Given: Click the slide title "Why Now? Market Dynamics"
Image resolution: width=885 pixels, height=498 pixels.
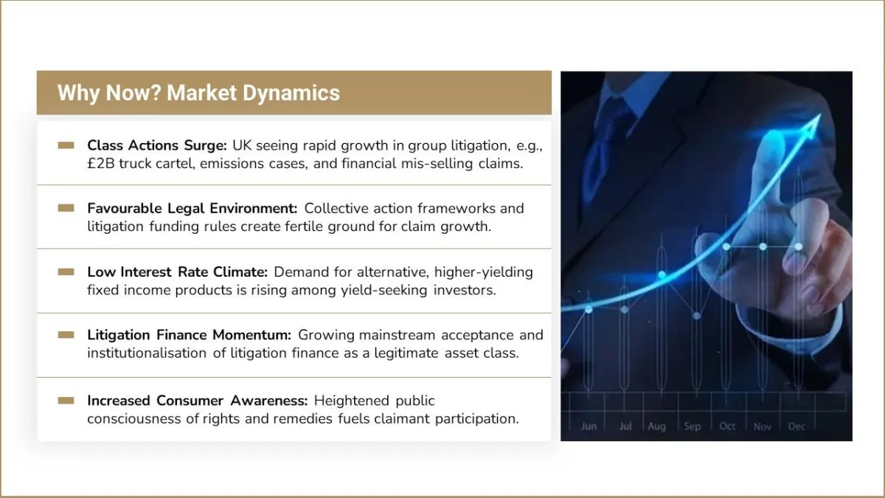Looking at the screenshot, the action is tap(198, 93).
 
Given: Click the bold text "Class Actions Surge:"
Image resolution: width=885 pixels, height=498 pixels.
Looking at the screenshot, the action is tap(157, 145).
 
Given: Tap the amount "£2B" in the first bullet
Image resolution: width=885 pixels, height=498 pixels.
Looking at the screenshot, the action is tap(101, 164).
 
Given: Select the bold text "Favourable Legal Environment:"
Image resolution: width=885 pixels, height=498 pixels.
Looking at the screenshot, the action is tap(192, 208).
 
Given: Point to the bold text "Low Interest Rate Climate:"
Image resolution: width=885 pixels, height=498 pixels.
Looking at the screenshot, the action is tap(178, 272).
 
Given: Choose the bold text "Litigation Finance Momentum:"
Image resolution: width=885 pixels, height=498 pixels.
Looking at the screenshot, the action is tap(190, 335).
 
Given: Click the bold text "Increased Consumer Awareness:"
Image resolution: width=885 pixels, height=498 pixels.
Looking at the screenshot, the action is tap(198, 401).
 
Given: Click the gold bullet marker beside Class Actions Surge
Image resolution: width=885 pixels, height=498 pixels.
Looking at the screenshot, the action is tap(66, 145).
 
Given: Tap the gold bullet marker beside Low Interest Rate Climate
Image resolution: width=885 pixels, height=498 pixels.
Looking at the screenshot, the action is tap(66, 272).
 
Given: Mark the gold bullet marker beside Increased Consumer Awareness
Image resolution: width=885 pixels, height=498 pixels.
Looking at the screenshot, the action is tap(66, 401).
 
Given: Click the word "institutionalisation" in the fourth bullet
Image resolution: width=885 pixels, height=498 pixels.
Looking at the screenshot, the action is tap(147, 353).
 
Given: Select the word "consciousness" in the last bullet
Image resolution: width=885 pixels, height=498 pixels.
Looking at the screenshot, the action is tap(134, 419).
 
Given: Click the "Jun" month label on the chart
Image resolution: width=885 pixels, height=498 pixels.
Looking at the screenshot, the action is tap(589, 426).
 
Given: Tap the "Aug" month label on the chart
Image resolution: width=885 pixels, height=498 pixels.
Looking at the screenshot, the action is tap(656, 427).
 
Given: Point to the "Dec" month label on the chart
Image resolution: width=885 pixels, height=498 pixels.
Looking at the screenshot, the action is tap(796, 426).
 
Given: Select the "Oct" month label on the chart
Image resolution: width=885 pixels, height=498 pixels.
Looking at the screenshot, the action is tap(727, 426).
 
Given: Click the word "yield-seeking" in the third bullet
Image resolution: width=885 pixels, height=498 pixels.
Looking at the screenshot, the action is tap(384, 291).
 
